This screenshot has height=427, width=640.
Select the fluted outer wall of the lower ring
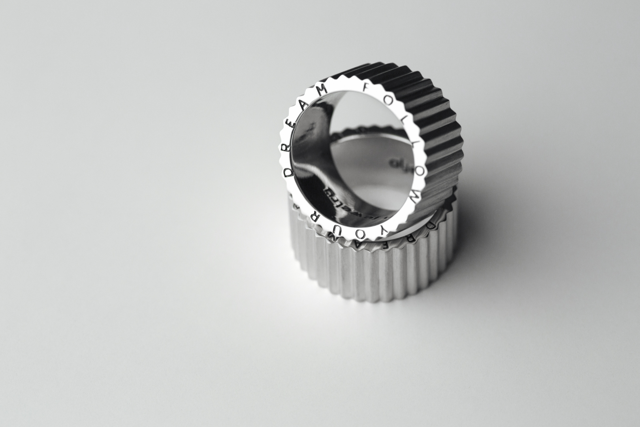[379, 277]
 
